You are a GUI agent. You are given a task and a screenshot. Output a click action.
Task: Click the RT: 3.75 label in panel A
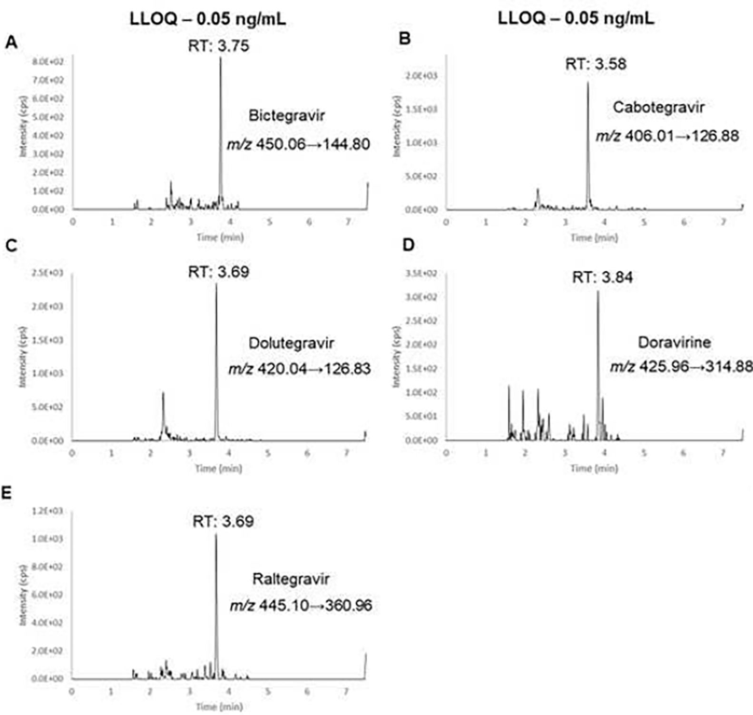[218, 46]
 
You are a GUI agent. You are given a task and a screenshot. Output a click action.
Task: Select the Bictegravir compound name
[286, 115]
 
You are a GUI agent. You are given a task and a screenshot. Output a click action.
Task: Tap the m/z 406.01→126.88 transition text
[667, 136]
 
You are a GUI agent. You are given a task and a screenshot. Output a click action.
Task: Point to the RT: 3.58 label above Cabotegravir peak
[596, 64]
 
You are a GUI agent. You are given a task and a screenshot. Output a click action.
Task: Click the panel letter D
[408, 245]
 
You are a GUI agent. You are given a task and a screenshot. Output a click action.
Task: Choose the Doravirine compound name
[674, 342]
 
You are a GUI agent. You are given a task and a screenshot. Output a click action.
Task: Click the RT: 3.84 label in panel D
[602, 277]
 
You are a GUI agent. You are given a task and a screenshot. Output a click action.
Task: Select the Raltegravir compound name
[291, 579]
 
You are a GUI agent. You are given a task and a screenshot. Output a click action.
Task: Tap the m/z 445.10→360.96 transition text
[301, 606]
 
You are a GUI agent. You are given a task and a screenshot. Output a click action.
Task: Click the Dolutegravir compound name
[291, 343]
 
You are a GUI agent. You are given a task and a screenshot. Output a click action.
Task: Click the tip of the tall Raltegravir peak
[216, 535]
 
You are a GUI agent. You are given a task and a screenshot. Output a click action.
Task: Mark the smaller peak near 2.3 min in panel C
[163, 393]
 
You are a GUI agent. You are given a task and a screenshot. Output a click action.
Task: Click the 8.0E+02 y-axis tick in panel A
[48, 61]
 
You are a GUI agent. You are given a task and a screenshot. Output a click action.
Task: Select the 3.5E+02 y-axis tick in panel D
[421, 273]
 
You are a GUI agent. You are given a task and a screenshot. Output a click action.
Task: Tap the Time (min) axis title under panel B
[594, 237]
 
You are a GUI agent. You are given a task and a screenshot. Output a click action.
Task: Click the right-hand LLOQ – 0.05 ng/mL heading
[576, 19]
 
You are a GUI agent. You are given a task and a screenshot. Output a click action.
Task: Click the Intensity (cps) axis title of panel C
[22, 357]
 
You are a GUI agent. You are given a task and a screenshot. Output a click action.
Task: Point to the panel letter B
[404, 39]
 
